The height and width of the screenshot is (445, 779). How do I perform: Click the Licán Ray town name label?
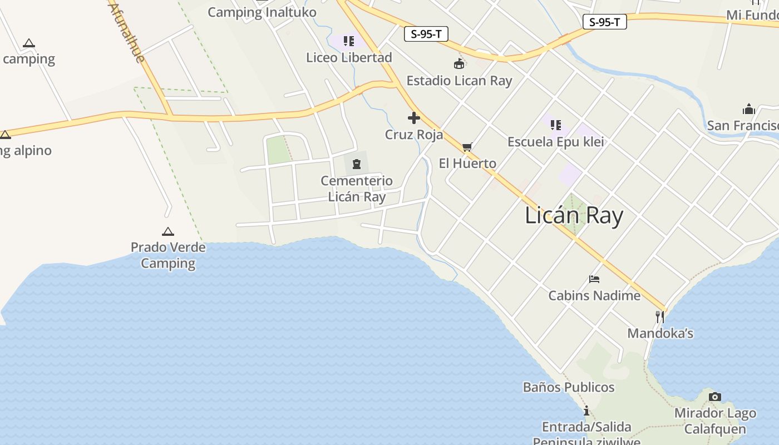(x=574, y=215)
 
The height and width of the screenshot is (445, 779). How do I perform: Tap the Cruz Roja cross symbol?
(x=413, y=118)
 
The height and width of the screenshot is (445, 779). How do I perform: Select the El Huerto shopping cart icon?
(x=467, y=147)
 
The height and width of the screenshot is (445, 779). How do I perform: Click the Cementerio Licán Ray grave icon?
(x=356, y=164)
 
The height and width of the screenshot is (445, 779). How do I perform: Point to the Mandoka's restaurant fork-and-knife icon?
(x=660, y=317)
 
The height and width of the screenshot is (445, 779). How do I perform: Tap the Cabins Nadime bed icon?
(x=594, y=279)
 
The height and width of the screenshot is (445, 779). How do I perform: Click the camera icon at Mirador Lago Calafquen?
(x=715, y=397)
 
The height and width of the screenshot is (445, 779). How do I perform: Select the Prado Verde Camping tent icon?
(x=167, y=231)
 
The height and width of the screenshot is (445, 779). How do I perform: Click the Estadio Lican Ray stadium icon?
(x=459, y=64)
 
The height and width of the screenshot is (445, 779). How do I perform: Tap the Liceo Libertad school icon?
(x=349, y=41)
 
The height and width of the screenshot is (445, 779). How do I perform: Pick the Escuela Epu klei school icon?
(x=555, y=125)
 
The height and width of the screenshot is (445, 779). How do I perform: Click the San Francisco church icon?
(x=748, y=108)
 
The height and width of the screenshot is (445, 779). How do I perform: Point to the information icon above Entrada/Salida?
(x=586, y=411)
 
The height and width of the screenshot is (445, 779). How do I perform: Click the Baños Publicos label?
(x=568, y=387)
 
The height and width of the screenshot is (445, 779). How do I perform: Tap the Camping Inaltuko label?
(x=262, y=12)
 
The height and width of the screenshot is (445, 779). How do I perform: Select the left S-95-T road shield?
(x=426, y=34)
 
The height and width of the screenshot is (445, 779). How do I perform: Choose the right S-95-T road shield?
(x=604, y=22)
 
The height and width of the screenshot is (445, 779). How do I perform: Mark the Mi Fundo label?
(x=752, y=15)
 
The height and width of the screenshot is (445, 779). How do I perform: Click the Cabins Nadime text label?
(x=594, y=295)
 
